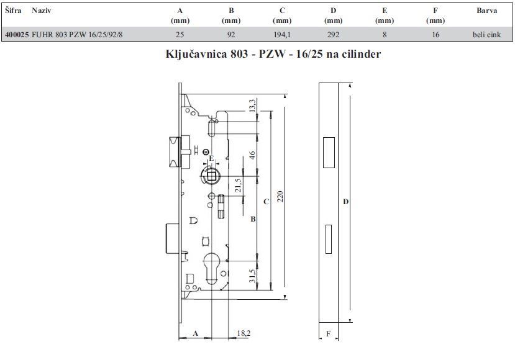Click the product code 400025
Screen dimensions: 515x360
[x=17, y=35]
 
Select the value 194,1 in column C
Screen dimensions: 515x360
[x=282, y=35]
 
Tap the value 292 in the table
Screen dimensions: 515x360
[x=333, y=35]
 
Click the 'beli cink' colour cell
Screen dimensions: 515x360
[x=486, y=35]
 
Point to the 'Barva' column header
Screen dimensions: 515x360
[x=487, y=11]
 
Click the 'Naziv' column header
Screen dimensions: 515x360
[x=42, y=11]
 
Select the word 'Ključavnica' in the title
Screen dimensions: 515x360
[x=196, y=54]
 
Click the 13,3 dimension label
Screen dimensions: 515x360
[x=252, y=106]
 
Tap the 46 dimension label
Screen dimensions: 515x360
[x=252, y=155]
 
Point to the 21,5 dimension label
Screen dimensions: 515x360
[x=238, y=186]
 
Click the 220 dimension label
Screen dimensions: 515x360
[x=280, y=196]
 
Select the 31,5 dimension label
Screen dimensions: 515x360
[x=252, y=276]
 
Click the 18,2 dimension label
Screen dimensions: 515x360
[x=244, y=333]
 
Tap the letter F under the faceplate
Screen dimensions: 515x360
[x=328, y=334]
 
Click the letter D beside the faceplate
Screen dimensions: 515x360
[x=345, y=202]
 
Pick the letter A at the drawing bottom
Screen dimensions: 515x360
[x=196, y=333]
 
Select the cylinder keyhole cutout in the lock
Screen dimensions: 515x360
[x=211, y=268]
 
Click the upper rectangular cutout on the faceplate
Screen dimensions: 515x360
[x=329, y=153]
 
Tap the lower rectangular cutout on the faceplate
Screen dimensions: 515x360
[x=328, y=239]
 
